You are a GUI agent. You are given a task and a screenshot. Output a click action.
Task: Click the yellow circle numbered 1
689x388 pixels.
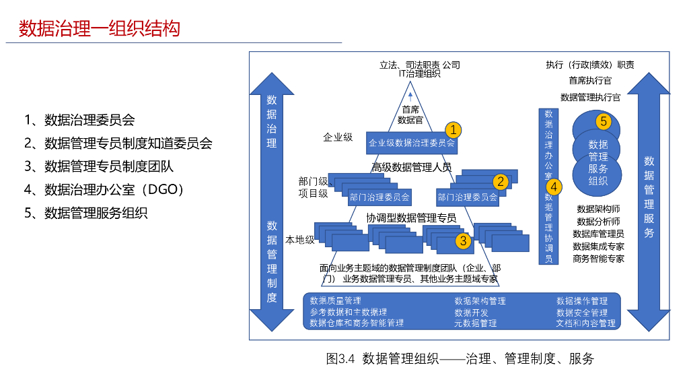point(454,129)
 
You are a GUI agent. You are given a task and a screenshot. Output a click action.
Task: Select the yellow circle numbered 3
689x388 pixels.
point(462,240)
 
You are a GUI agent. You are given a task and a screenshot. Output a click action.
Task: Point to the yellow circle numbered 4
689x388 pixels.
point(553,186)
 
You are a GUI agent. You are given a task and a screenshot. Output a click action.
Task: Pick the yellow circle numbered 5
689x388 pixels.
point(604,121)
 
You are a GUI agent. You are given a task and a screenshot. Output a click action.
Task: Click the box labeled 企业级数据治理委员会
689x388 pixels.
point(411,143)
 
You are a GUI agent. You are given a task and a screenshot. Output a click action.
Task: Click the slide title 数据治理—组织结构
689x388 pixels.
point(100,29)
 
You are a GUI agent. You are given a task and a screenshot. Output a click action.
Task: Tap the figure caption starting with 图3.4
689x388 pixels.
point(460,358)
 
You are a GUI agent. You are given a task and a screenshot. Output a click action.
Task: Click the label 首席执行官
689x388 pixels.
point(590,81)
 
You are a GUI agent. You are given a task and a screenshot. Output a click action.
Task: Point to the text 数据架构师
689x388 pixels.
point(598,209)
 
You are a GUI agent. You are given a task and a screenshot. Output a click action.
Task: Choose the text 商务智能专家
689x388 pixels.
point(598,258)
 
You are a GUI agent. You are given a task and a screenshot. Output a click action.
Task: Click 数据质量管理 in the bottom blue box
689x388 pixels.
point(336,300)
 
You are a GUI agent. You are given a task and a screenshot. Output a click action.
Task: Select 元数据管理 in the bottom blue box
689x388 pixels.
point(476,323)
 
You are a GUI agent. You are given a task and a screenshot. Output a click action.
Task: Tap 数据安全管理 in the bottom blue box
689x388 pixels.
point(582,312)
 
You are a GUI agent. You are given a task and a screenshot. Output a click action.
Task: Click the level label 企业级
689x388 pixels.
point(338,137)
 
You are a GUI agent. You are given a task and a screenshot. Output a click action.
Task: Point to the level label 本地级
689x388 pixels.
point(300,240)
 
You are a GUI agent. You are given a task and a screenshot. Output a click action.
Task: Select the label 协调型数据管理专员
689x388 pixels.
point(411,218)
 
